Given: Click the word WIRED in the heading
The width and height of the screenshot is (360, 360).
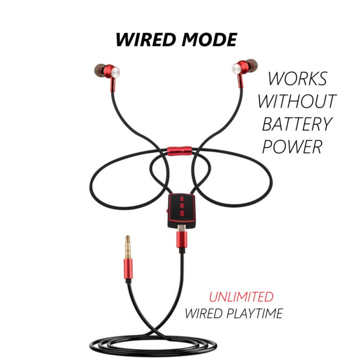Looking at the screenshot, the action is pyautogui.click(x=146, y=40).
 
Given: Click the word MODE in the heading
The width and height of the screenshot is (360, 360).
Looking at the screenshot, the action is pyautogui.click(x=209, y=40).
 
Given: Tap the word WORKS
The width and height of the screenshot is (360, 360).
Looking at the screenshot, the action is pyautogui.click(x=297, y=79).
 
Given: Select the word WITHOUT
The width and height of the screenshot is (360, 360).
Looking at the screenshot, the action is pyautogui.click(x=297, y=101).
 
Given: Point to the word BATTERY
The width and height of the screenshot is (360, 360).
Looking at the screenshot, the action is pyautogui.click(x=297, y=124).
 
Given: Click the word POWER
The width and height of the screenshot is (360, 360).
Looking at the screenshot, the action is pyautogui.click(x=292, y=146).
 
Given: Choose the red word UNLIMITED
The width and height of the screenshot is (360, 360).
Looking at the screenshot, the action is pyautogui.click(x=241, y=297).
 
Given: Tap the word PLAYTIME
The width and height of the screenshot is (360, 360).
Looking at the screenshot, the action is pyautogui.click(x=254, y=313).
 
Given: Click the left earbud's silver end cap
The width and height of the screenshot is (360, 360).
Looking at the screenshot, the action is pyautogui.click(x=115, y=72).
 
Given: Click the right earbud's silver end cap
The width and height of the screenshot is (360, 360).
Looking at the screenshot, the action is pyautogui.click(x=237, y=68).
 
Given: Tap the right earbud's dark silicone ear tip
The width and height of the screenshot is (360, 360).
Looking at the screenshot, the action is pyautogui.click(x=252, y=65).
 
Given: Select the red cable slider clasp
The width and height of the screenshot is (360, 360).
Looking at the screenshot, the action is pyautogui.click(x=179, y=151).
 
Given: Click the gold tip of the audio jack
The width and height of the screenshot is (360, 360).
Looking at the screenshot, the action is pyautogui.click(x=128, y=247).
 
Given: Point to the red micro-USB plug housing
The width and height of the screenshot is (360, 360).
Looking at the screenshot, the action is pyautogui.click(x=182, y=239).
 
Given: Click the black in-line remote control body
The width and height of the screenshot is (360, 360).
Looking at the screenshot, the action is pyautogui.click(x=181, y=211).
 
